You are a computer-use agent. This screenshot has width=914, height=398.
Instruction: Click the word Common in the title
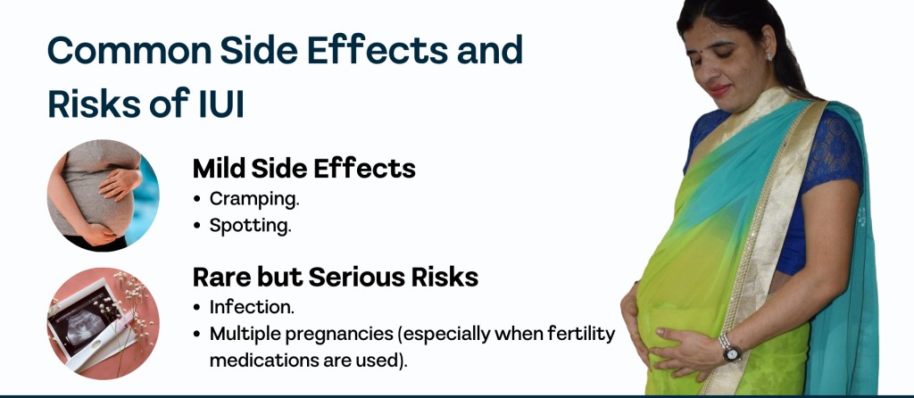129,50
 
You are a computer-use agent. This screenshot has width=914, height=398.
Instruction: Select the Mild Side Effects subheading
303,169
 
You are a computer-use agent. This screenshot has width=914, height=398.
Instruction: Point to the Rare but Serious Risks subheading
336,278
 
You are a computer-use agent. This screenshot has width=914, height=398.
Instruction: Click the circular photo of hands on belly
104,195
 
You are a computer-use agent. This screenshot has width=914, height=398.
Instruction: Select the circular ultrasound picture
104,323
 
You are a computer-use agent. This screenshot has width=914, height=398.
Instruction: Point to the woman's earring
770,56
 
